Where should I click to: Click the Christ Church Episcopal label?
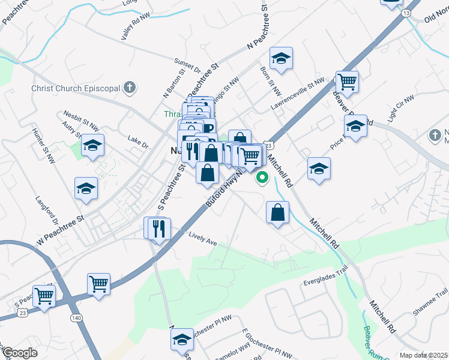76,89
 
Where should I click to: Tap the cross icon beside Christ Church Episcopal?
128,88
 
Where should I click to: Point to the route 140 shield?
76,317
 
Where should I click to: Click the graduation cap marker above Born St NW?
280,59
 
